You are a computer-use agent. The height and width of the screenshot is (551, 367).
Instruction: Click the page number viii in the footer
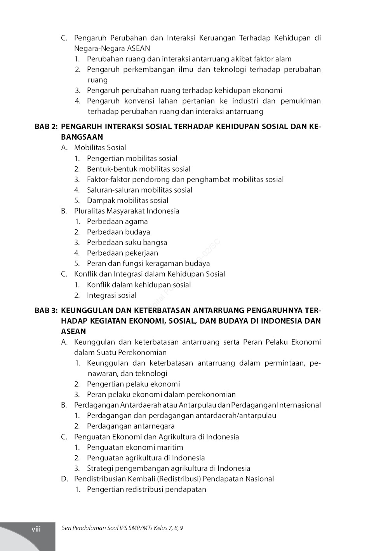click(36, 529)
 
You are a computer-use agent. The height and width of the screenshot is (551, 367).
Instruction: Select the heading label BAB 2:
click(46, 127)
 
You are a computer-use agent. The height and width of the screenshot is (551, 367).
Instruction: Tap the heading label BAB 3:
click(46, 311)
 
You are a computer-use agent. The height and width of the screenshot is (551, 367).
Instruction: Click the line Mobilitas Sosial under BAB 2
click(100, 148)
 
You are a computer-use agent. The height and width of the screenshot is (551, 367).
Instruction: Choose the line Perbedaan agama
click(117, 222)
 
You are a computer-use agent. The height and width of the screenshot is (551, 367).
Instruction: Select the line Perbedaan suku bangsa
click(127, 243)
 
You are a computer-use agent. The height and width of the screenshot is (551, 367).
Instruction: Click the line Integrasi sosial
click(111, 296)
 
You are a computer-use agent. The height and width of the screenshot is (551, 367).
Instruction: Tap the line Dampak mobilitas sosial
click(127, 201)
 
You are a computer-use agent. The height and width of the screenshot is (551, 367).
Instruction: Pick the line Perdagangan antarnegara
click(130, 426)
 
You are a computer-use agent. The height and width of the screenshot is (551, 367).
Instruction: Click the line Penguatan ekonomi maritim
click(135, 448)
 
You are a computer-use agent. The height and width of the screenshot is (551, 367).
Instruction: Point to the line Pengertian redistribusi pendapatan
click(146, 490)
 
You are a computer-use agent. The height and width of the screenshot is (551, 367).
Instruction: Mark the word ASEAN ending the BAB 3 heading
click(73, 332)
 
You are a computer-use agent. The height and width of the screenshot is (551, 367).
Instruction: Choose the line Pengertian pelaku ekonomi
click(133, 384)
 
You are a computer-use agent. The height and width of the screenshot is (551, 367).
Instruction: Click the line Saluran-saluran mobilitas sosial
click(139, 190)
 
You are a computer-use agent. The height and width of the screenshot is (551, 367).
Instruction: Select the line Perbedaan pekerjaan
click(122, 253)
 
